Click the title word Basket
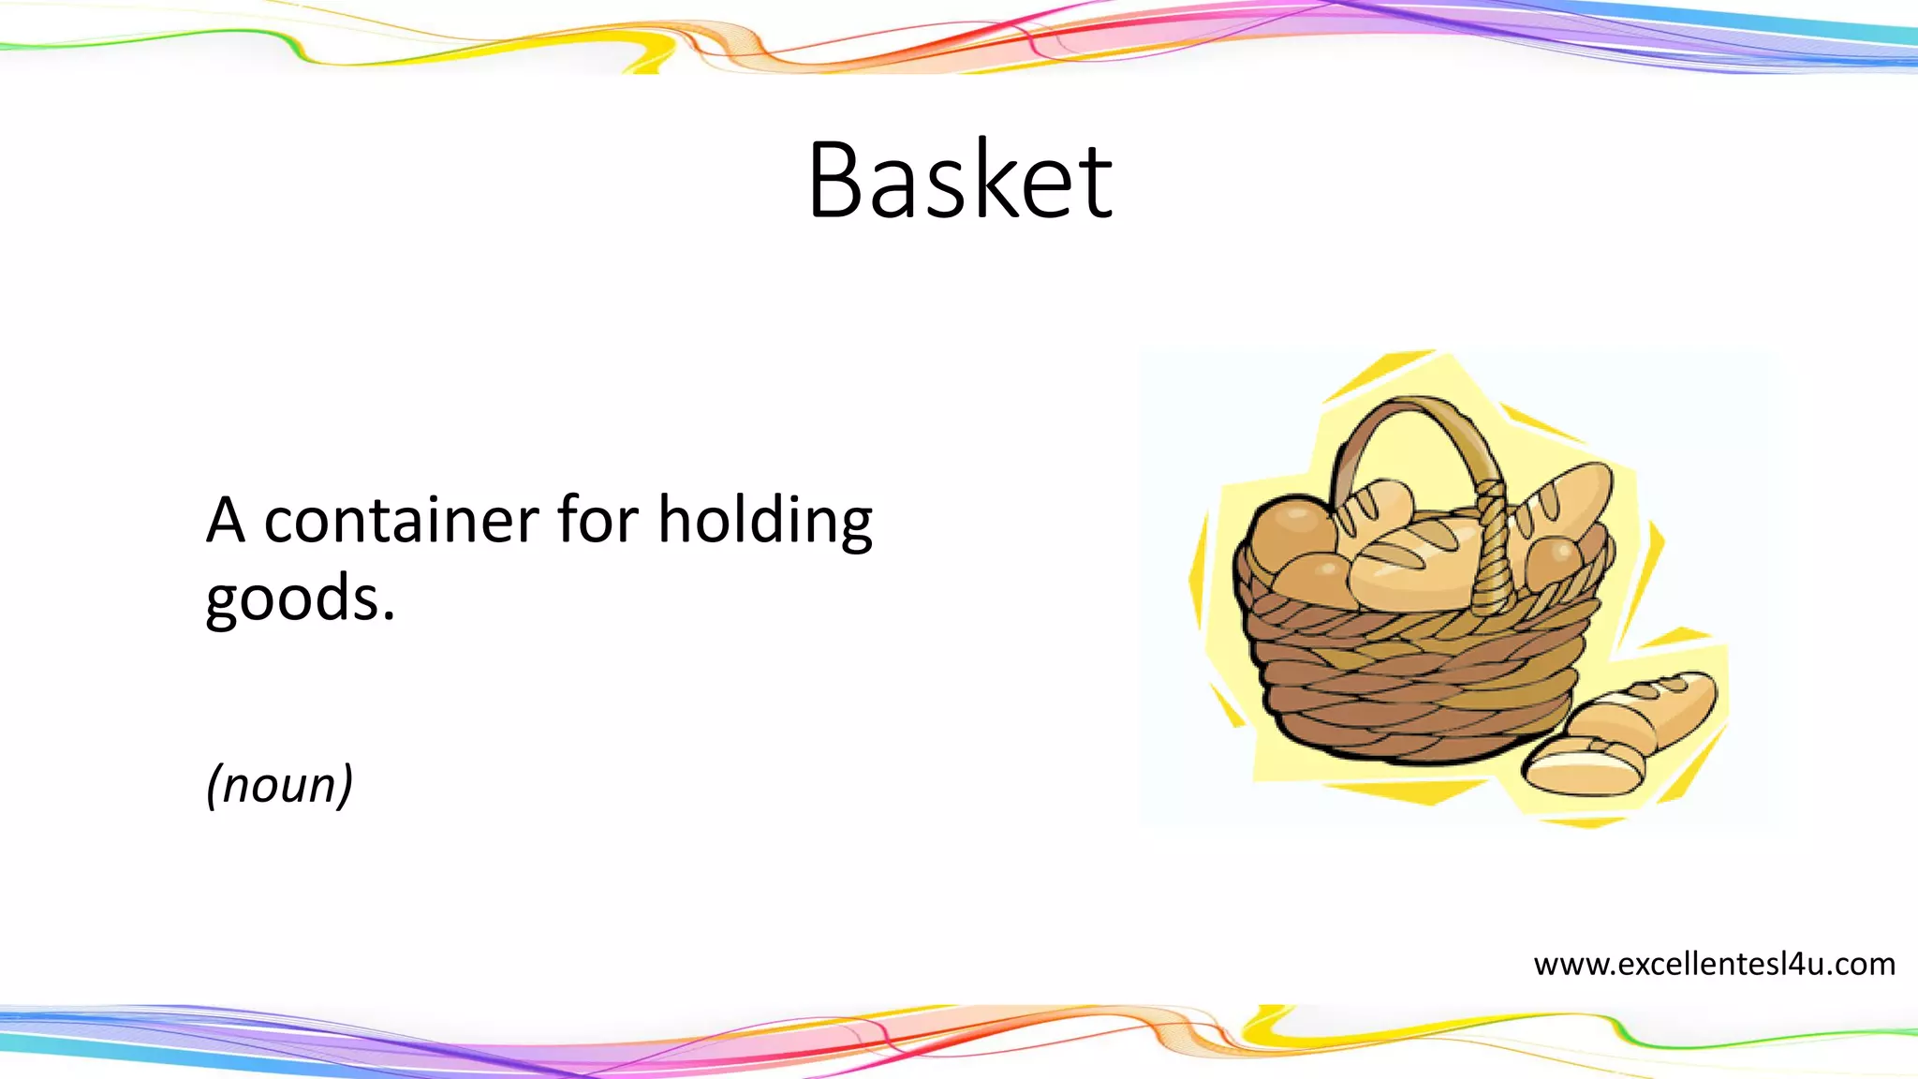coord(960,181)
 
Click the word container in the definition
coord(401,521)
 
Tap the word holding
coord(765,521)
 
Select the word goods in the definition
coord(292,599)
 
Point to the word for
coord(598,521)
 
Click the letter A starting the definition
coord(225,521)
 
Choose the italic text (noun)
coord(279,784)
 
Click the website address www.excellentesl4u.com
coord(1714,964)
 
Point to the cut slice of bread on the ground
coord(1583,766)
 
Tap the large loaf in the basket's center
coord(1414,562)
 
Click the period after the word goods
coord(388,618)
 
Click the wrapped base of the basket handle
coord(1493,562)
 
